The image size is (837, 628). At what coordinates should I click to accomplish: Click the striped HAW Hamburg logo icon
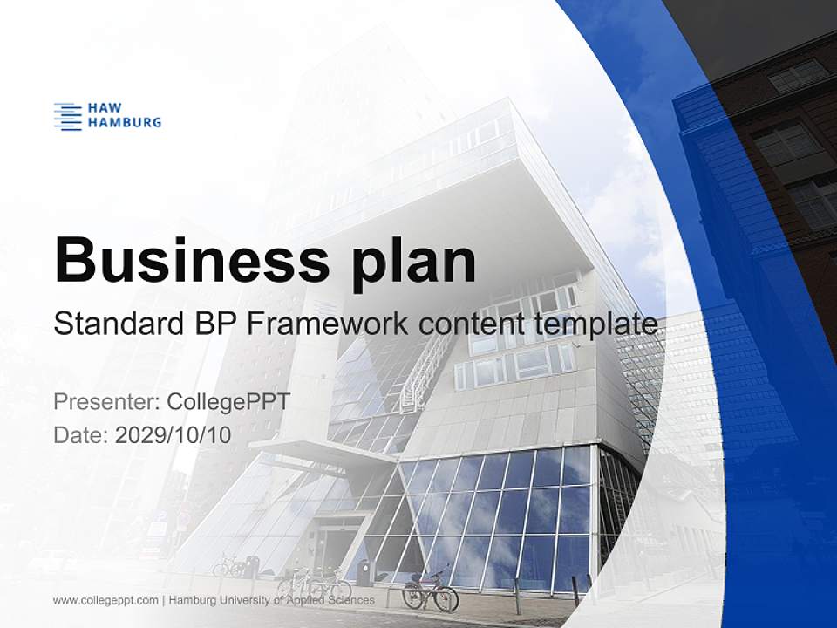[x=68, y=116]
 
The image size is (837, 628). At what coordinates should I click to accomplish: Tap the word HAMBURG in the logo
[x=125, y=123]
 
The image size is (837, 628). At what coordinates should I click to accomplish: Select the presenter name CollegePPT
[x=228, y=402]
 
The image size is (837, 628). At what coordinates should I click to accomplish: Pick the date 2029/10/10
[x=174, y=434]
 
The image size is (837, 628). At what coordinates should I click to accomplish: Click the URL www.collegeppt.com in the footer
[x=105, y=600]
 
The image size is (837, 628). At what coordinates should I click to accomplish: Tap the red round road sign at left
[x=183, y=517]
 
